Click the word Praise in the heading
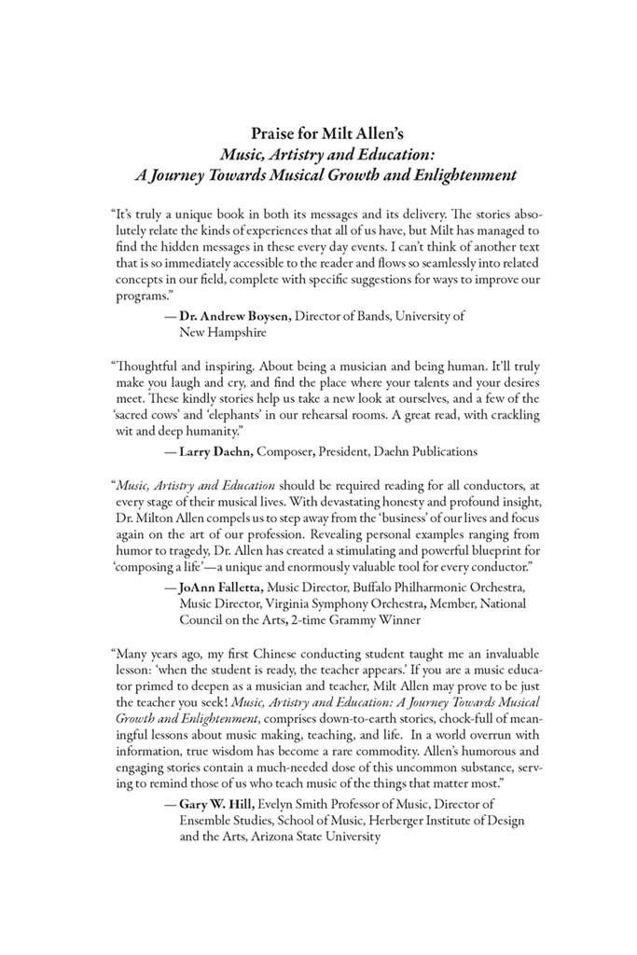tap(277, 132)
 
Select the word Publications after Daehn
tap(442, 451)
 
